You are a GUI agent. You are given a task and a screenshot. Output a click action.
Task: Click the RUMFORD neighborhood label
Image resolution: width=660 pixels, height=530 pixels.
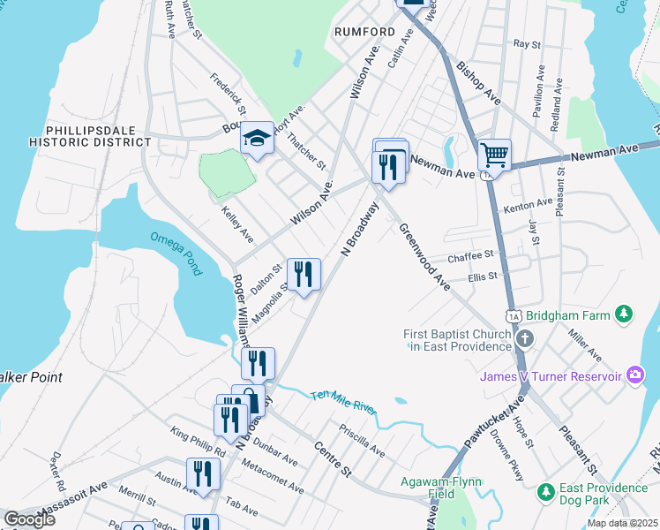[364, 32]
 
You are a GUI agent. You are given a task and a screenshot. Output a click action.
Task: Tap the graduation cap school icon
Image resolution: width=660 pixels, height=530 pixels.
[258, 138]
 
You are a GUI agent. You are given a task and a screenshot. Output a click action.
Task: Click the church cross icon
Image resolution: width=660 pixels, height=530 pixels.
[525, 339]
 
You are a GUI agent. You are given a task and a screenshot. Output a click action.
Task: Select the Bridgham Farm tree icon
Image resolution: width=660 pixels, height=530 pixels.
[624, 314]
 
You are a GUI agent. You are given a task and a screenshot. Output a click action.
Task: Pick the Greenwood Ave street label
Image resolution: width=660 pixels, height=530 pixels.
[424, 256]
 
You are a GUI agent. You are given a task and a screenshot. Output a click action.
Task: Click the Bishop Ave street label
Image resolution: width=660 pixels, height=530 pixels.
[479, 83]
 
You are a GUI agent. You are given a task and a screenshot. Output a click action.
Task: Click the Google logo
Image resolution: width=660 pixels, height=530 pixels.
[29, 519]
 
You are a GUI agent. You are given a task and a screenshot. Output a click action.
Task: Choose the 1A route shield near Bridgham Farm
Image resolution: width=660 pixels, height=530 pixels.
[514, 315]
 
